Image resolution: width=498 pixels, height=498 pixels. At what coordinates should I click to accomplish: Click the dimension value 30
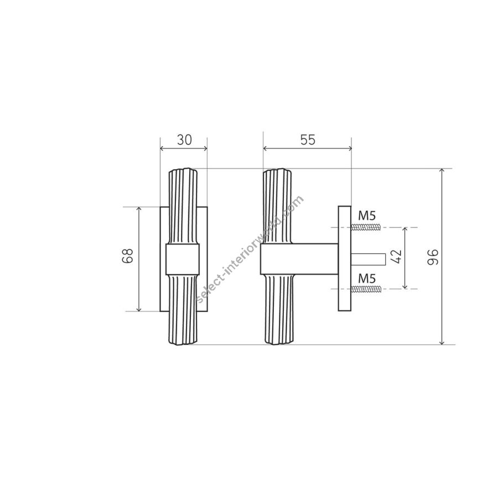(184, 140)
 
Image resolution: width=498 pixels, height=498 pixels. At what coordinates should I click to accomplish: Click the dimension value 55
(308, 140)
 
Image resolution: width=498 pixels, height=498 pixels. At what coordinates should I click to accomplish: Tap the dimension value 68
(128, 256)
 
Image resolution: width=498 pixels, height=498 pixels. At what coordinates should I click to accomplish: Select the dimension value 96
(433, 257)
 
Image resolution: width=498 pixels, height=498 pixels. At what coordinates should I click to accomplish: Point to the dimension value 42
(397, 257)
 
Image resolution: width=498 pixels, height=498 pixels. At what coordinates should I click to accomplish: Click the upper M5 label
(367, 216)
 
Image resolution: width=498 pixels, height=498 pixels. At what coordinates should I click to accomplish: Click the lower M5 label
(367, 279)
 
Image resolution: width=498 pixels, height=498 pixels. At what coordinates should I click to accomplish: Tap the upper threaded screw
(366, 227)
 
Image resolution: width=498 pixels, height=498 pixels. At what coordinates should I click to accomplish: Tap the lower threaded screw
(366, 289)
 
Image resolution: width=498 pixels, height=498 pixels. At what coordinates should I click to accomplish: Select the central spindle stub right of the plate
(368, 259)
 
